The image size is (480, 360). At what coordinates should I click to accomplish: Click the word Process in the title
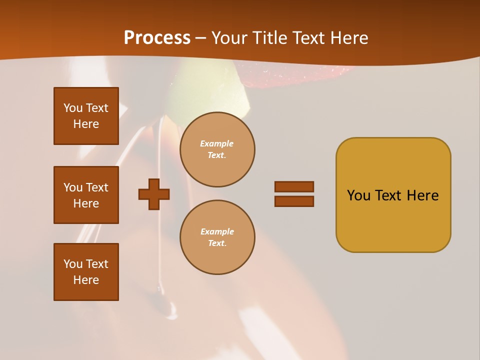point(157,38)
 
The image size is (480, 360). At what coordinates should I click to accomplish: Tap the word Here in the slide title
point(348,38)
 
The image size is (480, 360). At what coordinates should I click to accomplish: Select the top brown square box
point(86,116)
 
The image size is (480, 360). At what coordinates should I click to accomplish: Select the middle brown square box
point(86,195)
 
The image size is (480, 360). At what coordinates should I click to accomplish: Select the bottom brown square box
point(86,272)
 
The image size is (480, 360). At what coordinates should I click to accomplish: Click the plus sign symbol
point(154,194)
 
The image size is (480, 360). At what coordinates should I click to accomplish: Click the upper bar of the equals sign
point(294,186)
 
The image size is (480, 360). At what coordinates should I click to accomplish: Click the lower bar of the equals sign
point(294,201)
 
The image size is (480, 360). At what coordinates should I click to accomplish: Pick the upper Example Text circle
point(217,149)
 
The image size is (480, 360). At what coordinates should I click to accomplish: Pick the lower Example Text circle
point(217,237)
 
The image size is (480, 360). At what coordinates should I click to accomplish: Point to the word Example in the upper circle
point(217,143)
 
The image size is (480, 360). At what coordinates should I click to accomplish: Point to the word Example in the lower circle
point(217,231)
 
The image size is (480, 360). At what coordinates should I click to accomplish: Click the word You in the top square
point(73,108)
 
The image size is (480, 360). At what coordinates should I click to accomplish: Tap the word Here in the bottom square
point(86,280)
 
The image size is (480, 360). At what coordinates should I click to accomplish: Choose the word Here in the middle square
point(86,203)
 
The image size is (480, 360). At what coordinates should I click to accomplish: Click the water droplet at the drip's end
point(171,313)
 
